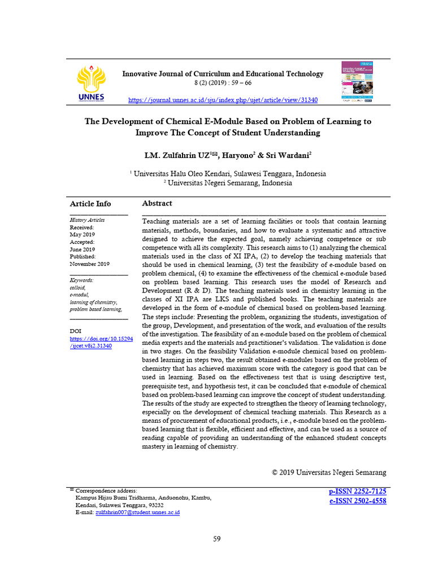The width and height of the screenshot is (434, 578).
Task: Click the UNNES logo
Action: coord(92,84)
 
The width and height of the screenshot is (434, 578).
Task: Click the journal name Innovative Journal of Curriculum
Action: coord(223,74)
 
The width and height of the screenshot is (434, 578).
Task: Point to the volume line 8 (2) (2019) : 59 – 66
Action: coord(223,83)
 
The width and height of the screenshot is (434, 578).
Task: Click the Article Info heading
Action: coord(90,204)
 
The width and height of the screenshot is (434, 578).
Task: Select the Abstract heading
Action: coord(157,203)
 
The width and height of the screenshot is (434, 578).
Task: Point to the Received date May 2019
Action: coord(83,234)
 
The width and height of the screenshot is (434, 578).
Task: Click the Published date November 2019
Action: coord(89,264)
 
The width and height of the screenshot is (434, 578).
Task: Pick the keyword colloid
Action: coord(77,287)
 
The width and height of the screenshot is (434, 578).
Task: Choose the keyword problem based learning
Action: coord(96,309)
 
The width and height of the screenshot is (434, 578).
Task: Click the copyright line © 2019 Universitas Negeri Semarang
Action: coord(329,472)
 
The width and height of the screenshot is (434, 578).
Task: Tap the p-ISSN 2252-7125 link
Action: coord(357,492)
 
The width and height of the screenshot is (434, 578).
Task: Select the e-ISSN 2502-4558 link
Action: coord(357,501)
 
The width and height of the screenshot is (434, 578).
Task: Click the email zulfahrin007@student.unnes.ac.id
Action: coord(137,513)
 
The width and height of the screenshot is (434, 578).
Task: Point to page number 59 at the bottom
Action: coord(217,539)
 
